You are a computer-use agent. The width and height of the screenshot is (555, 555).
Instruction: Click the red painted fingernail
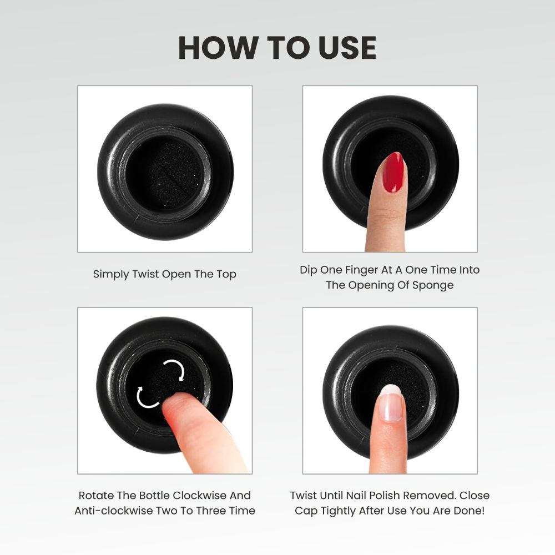[393, 173]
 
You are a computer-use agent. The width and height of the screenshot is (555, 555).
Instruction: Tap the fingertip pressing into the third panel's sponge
[177, 405]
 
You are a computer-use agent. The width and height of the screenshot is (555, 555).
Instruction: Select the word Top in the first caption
[226, 274]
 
